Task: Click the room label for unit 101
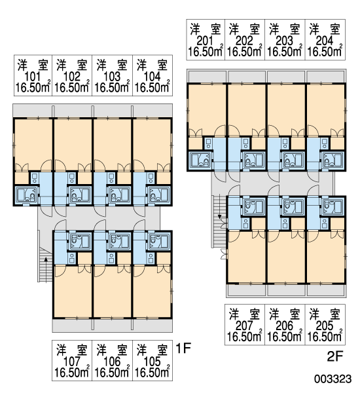[33, 75]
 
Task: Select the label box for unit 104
[153, 75]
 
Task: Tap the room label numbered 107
[72, 360]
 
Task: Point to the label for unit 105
[153, 360]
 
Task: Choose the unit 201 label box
[206, 39]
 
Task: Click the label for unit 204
[325, 39]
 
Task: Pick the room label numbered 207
[245, 325]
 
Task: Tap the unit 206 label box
[285, 325]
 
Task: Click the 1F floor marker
[183, 348]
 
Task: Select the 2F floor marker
[334, 356]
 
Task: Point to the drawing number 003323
[333, 379]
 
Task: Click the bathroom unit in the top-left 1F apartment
[26, 195]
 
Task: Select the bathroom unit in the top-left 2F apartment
[200, 160]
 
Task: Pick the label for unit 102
[72, 75]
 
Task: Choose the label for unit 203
[285, 39]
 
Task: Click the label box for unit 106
[112, 360]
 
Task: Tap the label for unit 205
[325, 325]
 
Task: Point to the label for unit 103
[112, 75]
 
